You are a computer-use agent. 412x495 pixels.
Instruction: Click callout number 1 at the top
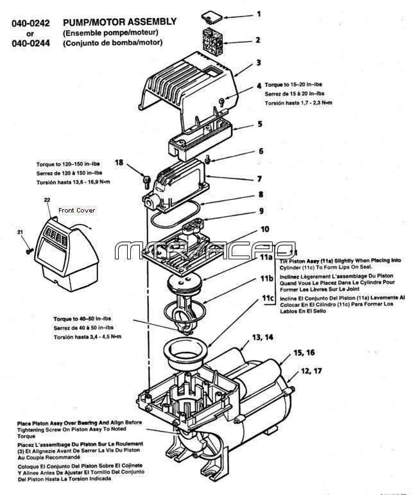coord(259,13)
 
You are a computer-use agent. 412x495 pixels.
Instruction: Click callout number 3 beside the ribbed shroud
coord(259,63)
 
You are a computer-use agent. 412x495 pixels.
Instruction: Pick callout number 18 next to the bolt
coord(119,163)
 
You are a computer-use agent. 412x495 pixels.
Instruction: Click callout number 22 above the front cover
coord(47,200)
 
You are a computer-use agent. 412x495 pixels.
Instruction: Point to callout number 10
coord(264,229)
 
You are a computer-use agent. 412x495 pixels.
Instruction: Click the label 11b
coord(268,279)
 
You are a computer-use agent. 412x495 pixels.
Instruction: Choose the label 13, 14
coord(264,337)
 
